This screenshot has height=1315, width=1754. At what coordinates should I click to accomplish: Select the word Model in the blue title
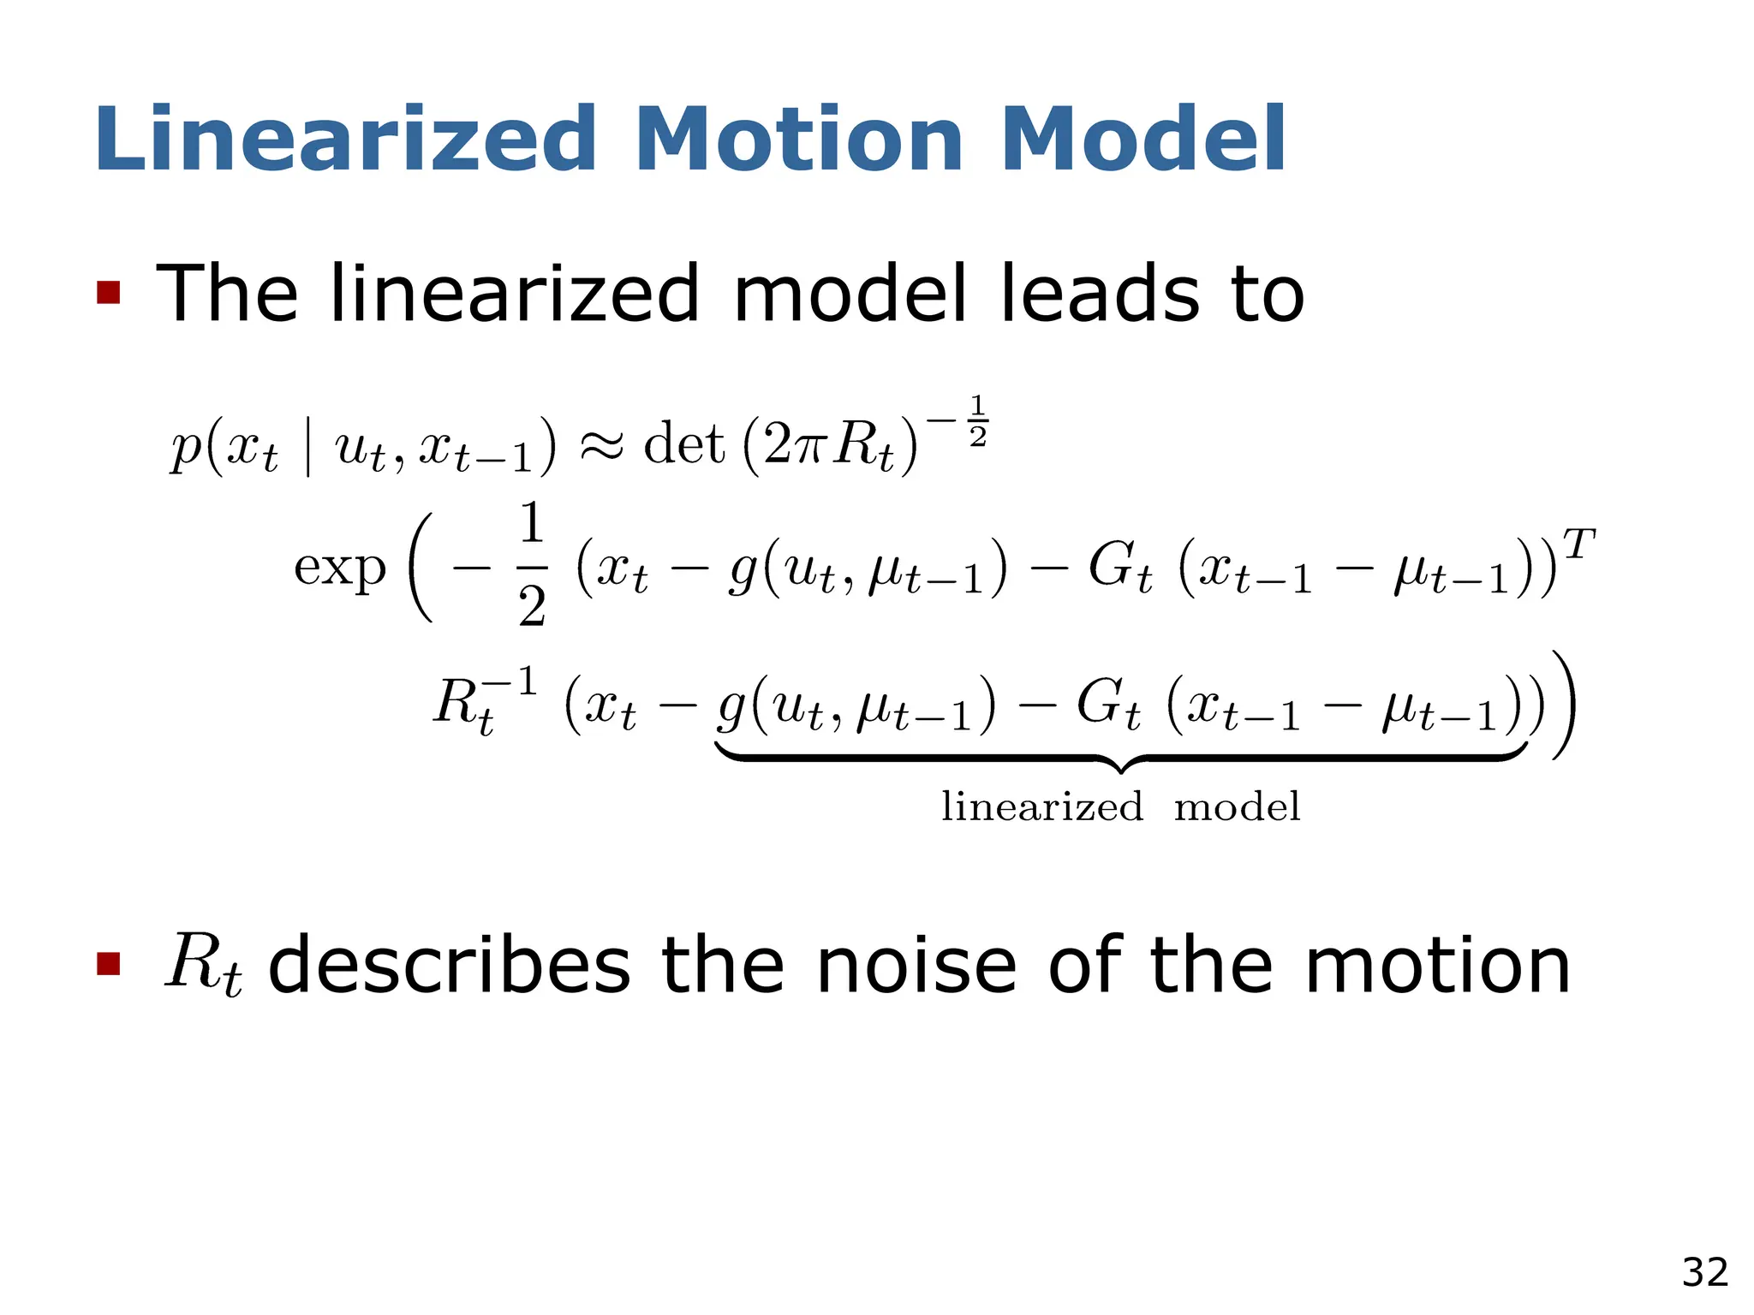click(1142, 139)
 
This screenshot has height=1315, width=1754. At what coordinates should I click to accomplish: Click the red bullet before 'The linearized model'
click(109, 293)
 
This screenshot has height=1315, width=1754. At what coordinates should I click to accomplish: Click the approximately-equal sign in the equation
click(601, 445)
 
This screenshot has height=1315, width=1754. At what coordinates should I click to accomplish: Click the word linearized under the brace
click(1041, 806)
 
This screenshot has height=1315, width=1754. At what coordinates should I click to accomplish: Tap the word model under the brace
click(1237, 806)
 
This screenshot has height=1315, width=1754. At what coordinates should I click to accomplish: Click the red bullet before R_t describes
click(109, 965)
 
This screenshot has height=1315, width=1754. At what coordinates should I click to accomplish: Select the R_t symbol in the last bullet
click(204, 965)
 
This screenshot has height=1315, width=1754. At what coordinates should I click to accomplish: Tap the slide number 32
click(1704, 1272)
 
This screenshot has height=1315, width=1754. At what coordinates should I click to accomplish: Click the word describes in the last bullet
click(450, 965)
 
